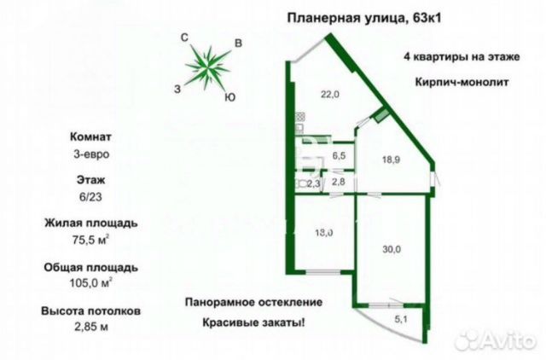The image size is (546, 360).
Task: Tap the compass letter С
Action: click(x=183, y=37)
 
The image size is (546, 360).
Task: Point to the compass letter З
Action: click(x=177, y=88)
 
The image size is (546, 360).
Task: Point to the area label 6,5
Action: click(x=339, y=155)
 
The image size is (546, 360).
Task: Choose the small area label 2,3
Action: click(x=313, y=183)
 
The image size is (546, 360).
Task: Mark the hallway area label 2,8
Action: click(x=339, y=181)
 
